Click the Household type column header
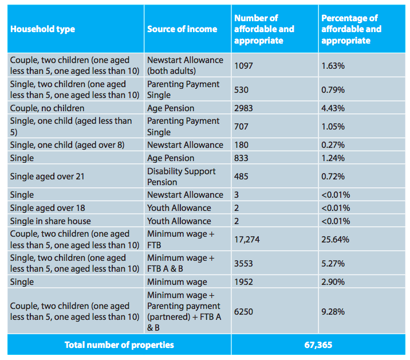click(x=42, y=29)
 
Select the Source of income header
click(x=182, y=29)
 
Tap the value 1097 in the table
click(x=243, y=66)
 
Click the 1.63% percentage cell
click(x=333, y=66)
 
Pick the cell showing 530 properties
click(x=241, y=90)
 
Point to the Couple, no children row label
click(x=48, y=108)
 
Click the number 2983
click(x=243, y=108)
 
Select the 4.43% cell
click(x=333, y=108)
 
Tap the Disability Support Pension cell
click(x=181, y=177)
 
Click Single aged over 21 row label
click(x=48, y=177)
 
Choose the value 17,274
click(x=247, y=239)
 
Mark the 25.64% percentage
click(x=335, y=239)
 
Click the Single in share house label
click(x=50, y=221)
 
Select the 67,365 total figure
click(x=318, y=345)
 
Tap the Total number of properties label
click(x=119, y=345)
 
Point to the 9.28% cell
click(x=333, y=312)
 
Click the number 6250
click(x=243, y=312)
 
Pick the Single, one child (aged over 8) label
click(x=67, y=145)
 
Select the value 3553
click(x=243, y=263)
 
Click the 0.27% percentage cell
click(x=333, y=145)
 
